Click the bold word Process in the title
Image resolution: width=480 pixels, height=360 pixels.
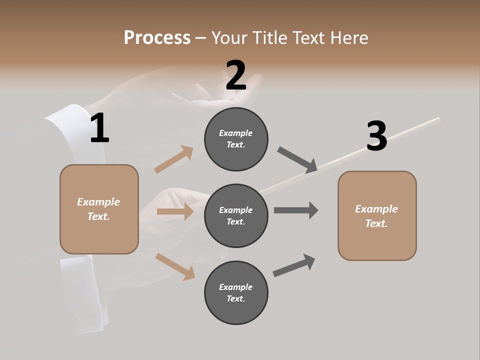coord(157,37)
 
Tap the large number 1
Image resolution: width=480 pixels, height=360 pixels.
coord(99,128)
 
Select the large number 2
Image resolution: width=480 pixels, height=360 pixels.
coord(236,75)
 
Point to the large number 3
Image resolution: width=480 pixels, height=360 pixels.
coord(376,136)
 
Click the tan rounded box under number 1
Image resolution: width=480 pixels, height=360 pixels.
coord(99,209)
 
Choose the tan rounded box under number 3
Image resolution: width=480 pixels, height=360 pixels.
coord(377,215)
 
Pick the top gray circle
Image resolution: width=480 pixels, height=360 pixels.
coord(236,139)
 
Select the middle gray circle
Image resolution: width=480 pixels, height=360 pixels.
coord(236,215)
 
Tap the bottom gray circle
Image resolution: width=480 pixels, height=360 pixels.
coord(236,292)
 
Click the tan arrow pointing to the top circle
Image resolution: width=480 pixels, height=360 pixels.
coord(174,159)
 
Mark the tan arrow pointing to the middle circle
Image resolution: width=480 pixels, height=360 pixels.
coord(175,211)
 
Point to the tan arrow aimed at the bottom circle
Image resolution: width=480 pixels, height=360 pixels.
coord(175,266)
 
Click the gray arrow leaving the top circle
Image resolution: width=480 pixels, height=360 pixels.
coord(297,159)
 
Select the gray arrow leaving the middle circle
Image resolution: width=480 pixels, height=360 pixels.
coord(296,210)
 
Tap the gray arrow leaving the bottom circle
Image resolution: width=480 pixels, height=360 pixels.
coord(294,265)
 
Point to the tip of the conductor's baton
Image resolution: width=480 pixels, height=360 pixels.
coord(438,118)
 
